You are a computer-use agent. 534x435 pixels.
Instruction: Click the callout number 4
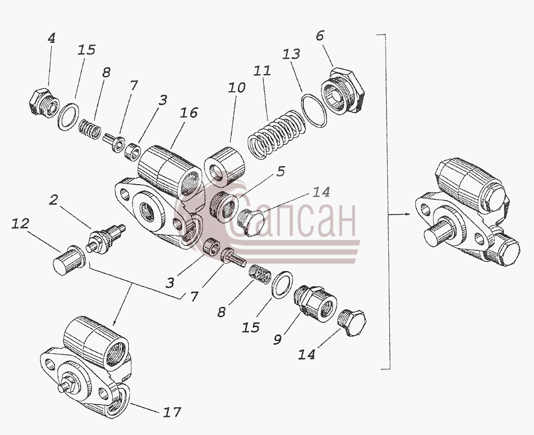coord(51,38)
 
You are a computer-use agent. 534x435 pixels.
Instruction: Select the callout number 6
coord(320,36)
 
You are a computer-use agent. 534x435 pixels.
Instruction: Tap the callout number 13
coord(291,54)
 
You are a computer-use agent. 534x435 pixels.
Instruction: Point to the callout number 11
coord(262,71)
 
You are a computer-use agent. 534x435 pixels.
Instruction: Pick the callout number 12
coord(20,224)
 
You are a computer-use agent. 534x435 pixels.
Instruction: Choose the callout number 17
coord(171,412)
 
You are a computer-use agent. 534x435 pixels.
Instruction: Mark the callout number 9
coord(278,339)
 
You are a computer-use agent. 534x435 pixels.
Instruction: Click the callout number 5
coord(280,171)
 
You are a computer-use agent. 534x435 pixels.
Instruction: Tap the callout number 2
coord(53,200)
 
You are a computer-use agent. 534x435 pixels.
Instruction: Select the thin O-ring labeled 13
coord(314,110)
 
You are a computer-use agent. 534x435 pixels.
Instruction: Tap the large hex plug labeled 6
coord(343,91)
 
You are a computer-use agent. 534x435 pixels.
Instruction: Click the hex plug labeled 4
coord(44,103)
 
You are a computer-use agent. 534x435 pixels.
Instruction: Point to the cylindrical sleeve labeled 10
coord(224,167)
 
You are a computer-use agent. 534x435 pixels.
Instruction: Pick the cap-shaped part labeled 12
coord(69,260)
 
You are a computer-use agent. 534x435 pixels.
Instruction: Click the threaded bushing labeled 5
coord(224,207)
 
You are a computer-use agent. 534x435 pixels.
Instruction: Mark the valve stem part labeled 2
coord(105,239)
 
